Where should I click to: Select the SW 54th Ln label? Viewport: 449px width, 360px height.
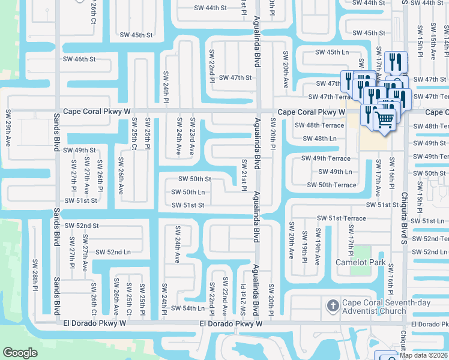(x=188, y=308)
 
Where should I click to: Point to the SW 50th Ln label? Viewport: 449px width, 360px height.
(x=188, y=192)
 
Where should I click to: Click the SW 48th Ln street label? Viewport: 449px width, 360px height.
(x=320, y=139)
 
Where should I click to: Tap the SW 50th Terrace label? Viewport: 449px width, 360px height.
(x=331, y=185)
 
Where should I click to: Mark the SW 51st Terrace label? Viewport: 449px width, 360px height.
(x=342, y=218)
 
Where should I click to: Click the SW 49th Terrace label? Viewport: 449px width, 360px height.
(x=325, y=158)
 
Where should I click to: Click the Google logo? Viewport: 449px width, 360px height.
(x=20, y=352)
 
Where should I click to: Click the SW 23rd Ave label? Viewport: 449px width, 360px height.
(x=192, y=137)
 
